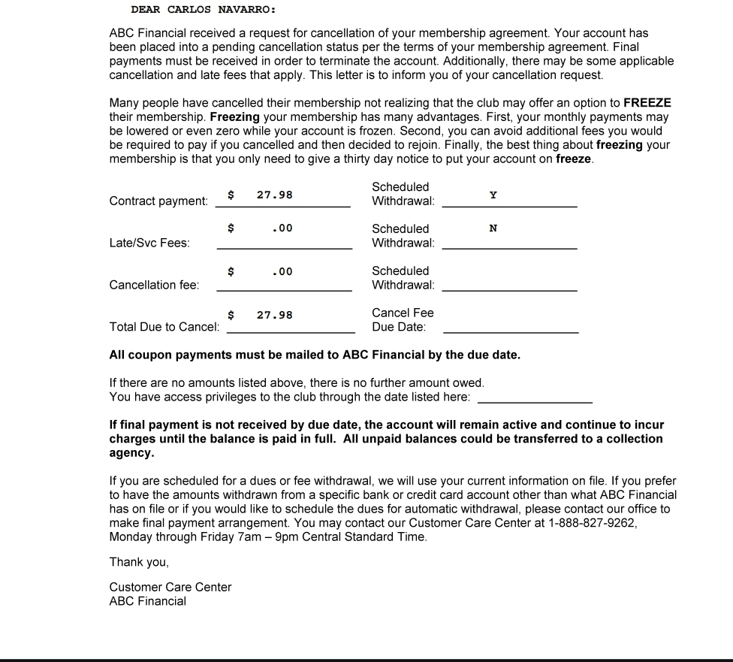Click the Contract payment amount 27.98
coord(274,195)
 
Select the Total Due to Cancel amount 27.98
coord(274,315)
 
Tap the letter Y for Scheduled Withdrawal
coord(493,195)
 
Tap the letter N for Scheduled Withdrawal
coord(493,228)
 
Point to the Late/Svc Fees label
coord(149,243)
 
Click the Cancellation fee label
coord(155,285)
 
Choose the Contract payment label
coord(158,201)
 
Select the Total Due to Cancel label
coord(164,327)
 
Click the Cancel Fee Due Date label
coord(403,319)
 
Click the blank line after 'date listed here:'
coord(535,402)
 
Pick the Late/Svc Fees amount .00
coord(282,228)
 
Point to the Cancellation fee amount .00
coord(282,271)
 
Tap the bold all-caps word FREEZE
coord(647,103)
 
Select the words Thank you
coord(139,562)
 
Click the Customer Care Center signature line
coord(170,587)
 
